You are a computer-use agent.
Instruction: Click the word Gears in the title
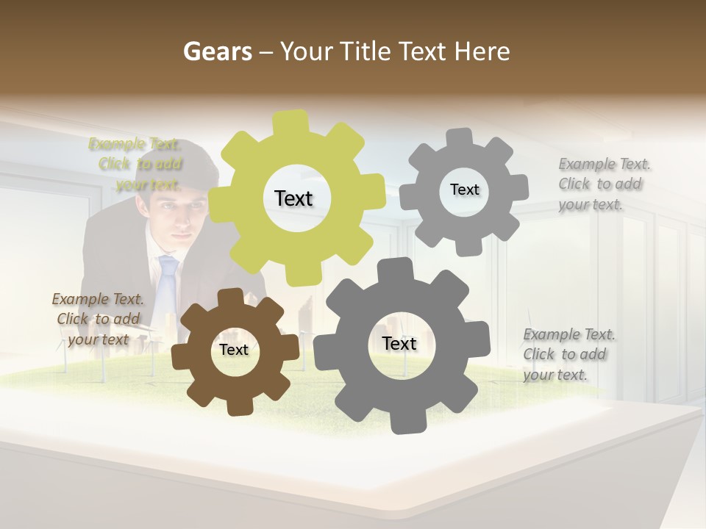pyautogui.click(x=217, y=51)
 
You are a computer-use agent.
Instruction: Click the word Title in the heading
pyautogui.click(x=366, y=51)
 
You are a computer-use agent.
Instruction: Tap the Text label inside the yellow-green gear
pyautogui.click(x=293, y=198)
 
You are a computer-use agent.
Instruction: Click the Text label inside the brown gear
pyautogui.click(x=234, y=350)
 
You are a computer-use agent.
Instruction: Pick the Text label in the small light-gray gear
pyautogui.click(x=464, y=190)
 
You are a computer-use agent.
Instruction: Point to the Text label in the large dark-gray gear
pyautogui.click(x=399, y=344)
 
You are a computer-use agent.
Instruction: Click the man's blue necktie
pyautogui.click(x=168, y=283)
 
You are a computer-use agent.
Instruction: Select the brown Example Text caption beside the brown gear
pyautogui.click(x=98, y=319)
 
